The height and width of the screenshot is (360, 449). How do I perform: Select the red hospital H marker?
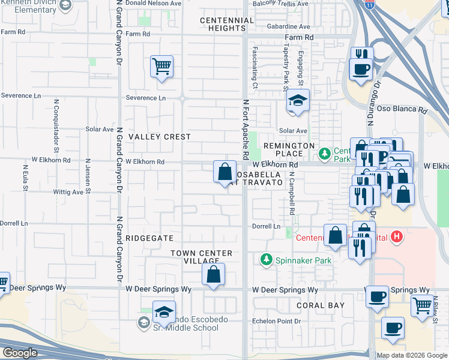[396, 238]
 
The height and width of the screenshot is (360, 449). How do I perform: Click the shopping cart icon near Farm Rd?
[162, 67]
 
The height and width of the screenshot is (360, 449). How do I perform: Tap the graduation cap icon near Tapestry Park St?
[297, 101]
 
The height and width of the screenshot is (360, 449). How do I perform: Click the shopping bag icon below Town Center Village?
[213, 275]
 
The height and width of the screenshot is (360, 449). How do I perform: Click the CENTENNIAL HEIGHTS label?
[227, 25]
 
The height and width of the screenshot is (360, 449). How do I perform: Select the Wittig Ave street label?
[69, 193]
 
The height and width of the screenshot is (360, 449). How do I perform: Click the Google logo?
[20, 353]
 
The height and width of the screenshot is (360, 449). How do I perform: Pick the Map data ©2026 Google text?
[412, 355]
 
